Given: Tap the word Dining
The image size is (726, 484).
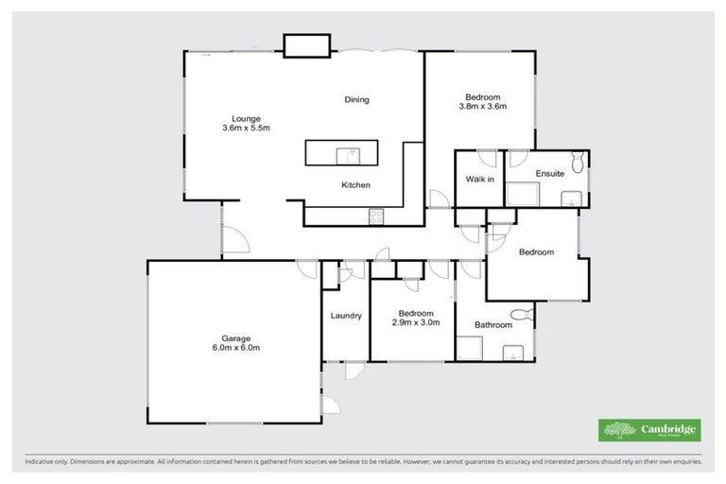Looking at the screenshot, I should coord(356,99).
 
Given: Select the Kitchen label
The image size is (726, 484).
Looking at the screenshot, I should coord(355,184).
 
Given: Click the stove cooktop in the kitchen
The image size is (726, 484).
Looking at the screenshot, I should coord(375,216).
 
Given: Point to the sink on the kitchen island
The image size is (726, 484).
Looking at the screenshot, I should coord(351,153).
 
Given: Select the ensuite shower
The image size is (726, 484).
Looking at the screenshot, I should coord(521,195).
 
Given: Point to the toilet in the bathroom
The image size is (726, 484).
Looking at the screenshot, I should coord(517,315).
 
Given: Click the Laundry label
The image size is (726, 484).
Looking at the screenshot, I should coord(346,316).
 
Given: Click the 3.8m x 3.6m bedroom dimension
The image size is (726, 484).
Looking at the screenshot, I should coord(483,106).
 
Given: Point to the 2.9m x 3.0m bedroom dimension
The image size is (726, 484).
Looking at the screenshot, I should coord(415,322).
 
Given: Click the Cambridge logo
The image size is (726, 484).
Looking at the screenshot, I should coord(649,429).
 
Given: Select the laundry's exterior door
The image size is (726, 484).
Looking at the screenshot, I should coord(351,372).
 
